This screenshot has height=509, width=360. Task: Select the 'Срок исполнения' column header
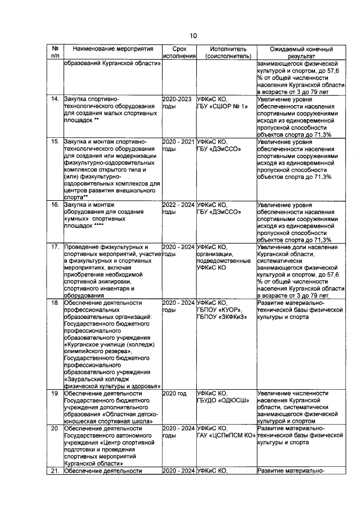click(179, 53)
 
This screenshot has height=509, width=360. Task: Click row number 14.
click(55, 99)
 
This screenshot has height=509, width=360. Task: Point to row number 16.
click(55, 205)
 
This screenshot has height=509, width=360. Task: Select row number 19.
click(55, 393)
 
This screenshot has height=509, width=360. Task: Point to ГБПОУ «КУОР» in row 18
click(219, 310)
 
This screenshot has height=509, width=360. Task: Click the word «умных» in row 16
click(79, 219)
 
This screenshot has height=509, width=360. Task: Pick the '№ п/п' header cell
click(55, 53)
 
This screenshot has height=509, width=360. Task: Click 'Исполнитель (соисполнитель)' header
click(224, 53)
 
